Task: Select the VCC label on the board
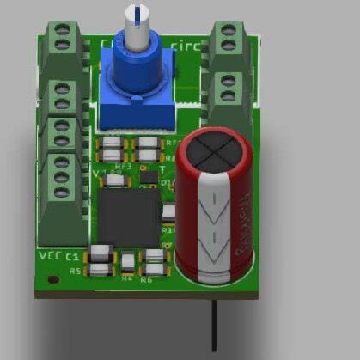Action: (x=49, y=256)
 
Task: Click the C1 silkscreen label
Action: (x=73, y=257)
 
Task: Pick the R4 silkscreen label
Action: (x=127, y=278)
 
